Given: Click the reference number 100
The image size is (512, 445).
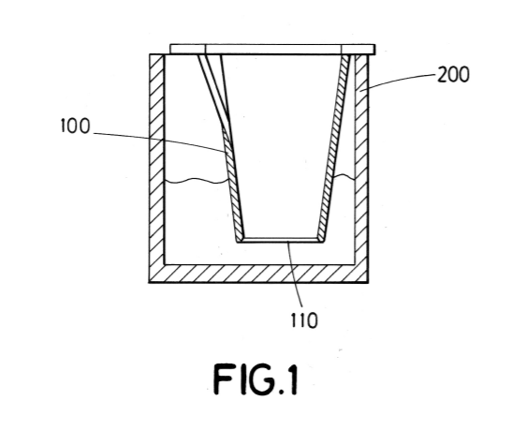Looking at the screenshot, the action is tap(75, 126).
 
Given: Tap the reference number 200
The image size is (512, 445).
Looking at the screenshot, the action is tap(453, 75).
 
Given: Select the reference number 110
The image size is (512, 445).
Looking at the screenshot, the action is tap(303, 320).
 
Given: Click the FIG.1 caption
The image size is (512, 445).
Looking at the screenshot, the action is tap(256, 379).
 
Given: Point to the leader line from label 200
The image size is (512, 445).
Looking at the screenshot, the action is tap(397, 81).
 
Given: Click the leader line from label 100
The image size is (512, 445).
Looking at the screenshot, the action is tap(160, 140).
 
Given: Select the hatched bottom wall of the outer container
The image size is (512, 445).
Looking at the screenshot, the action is tap(259, 274).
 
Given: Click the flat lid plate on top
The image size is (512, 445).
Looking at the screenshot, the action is tap(272, 49).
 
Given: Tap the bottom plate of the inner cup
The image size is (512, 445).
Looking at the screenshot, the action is tap(281, 240).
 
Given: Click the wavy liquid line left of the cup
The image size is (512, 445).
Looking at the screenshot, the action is tap(196, 181).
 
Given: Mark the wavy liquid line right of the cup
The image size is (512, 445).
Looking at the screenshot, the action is tap(344, 177).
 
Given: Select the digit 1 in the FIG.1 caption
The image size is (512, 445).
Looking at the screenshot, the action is tap(292, 379).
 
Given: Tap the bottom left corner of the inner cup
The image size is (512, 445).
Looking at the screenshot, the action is tap(238, 242).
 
